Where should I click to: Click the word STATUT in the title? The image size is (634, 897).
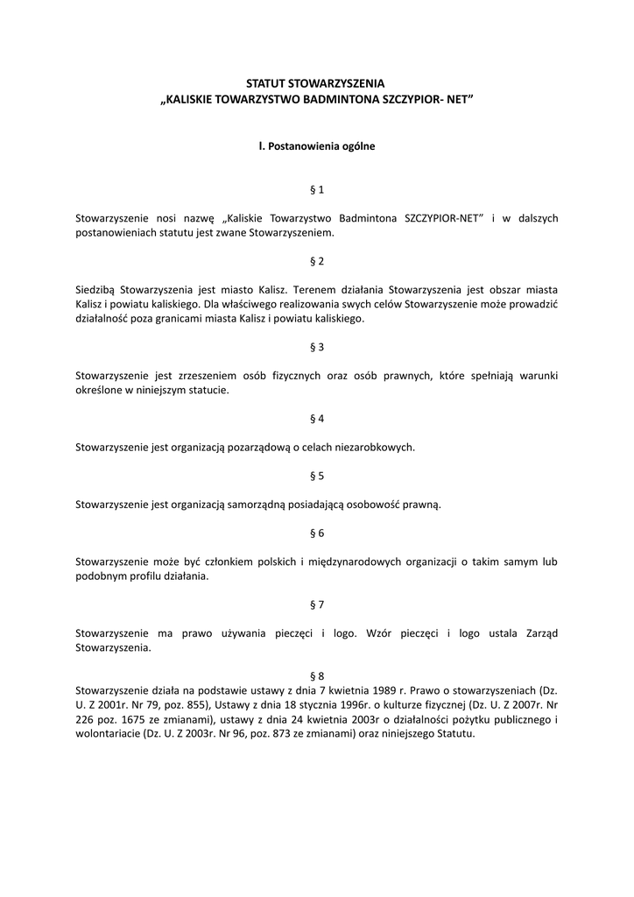[266, 82]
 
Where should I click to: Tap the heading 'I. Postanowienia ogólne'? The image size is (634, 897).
[317, 146]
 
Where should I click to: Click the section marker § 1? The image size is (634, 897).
[317, 189]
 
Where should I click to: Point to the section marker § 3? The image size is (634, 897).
[317, 347]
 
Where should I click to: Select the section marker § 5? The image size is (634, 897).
[317, 476]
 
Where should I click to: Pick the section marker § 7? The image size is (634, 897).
[317, 604]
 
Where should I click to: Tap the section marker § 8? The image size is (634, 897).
[317, 675]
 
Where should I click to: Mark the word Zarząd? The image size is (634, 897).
[539, 633]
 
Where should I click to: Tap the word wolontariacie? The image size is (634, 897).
[107, 733]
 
